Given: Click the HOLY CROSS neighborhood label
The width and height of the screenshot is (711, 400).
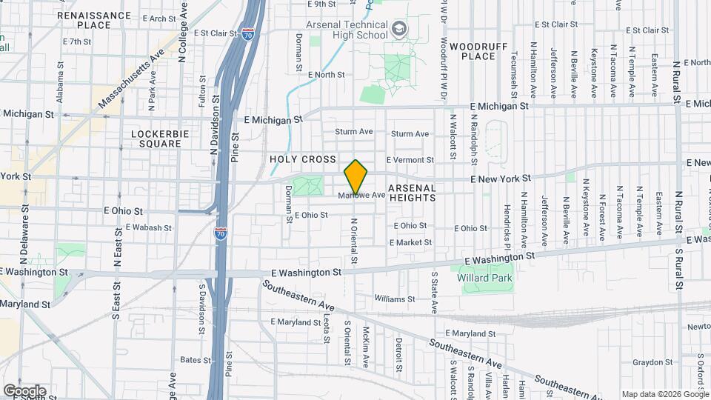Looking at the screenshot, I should click(303, 159).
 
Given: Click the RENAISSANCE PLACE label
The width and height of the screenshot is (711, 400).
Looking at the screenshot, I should click(93, 19).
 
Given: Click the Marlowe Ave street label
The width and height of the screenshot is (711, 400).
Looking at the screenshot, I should click(363, 196).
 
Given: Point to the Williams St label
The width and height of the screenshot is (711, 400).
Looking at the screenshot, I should click(395, 299).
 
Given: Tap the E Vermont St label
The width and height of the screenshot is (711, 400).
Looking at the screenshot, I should click(410, 160).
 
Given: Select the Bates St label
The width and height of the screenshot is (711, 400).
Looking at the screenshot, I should click(196, 360).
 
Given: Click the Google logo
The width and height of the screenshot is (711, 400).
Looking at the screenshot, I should click(24, 391).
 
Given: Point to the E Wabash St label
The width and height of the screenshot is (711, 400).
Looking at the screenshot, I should click(149, 227).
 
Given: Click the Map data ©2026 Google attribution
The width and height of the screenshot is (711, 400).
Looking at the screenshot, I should click(664, 394).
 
